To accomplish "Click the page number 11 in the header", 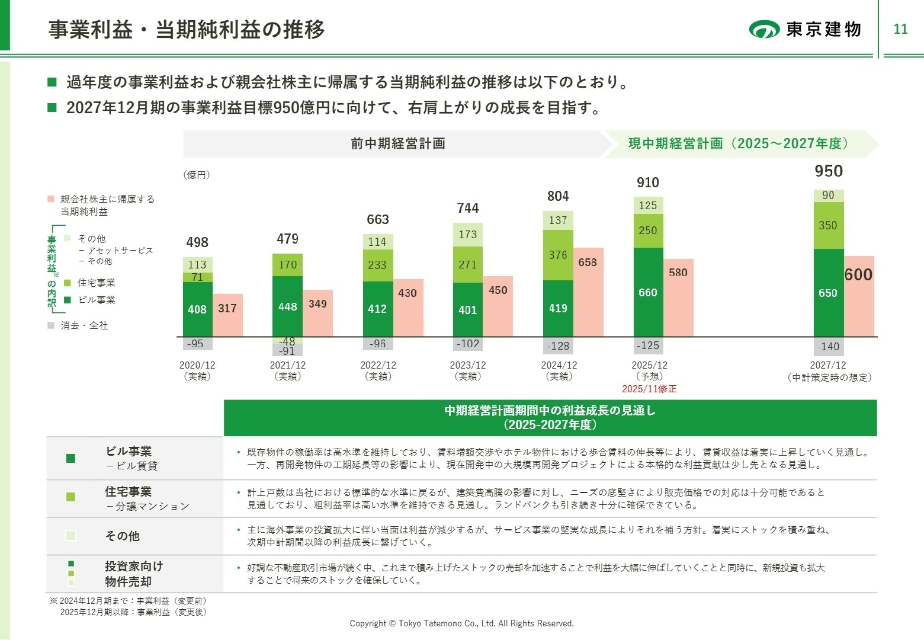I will (900, 29).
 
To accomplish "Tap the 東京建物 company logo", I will (806, 29).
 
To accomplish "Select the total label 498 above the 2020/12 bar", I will (197, 242).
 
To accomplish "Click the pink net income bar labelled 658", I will (588, 292).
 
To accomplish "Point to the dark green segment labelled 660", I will (648, 292).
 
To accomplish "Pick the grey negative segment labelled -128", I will (558, 346).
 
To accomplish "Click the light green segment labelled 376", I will (558, 255).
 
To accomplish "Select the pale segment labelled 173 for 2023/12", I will (468, 235).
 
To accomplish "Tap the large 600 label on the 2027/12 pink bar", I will (858, 275).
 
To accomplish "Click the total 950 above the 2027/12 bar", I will (828, 171).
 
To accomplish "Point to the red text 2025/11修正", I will (649, 389).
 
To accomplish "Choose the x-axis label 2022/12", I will (378, 366).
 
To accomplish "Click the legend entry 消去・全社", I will (84, 325).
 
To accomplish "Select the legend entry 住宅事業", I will (96, 283).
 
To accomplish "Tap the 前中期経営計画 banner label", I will (398, 143).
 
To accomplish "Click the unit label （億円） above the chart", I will (197, 175).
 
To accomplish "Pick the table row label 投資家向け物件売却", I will (134, 574).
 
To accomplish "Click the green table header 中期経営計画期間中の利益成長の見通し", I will (550, 417).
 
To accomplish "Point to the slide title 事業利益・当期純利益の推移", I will (187, 29).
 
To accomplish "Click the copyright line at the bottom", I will (461, 623).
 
